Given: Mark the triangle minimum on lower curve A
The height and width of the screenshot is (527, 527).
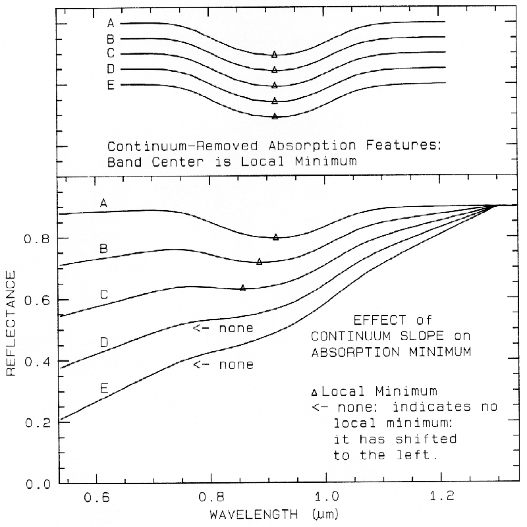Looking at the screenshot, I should [x=276, y=237].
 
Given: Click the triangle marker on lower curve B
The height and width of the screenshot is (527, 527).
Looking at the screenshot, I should [x=260, y=262].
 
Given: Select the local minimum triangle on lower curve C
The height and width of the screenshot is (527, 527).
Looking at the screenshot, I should [x=243, y=288].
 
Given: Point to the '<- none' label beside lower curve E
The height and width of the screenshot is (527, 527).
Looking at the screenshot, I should [x=223, y=364].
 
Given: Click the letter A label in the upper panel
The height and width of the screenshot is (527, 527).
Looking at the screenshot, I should [x=111, y=23].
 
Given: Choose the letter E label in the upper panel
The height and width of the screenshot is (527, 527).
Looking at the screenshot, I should [x=111, y=84].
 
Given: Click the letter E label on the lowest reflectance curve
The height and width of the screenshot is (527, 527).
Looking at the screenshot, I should [x=103, y=389].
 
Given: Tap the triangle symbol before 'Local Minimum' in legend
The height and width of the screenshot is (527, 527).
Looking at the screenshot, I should [x=315, y=392].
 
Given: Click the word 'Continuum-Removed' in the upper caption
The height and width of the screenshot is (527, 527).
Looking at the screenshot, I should [x=164, y=146].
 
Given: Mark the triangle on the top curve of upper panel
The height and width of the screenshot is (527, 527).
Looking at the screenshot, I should [x=275, y=55].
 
